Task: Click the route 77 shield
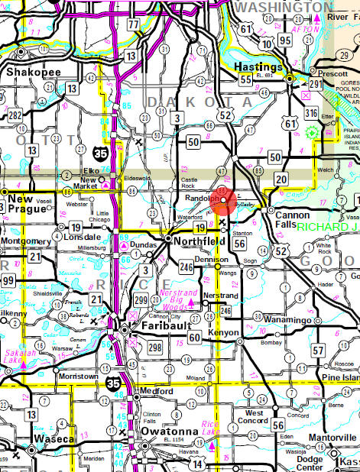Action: pyautogui.click(x=135, y=24)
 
